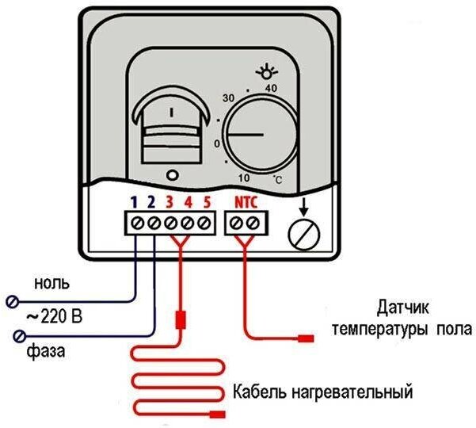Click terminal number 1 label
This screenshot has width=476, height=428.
(135, 201)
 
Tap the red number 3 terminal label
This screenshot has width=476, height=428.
(170, 201)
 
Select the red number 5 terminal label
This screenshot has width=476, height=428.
(206, 201)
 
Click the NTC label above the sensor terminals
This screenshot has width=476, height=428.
(246, 201)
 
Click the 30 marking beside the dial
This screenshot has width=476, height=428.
(229, 97)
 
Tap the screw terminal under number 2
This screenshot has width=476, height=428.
(153, 224)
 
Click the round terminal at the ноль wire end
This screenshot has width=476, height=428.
(12, 300)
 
